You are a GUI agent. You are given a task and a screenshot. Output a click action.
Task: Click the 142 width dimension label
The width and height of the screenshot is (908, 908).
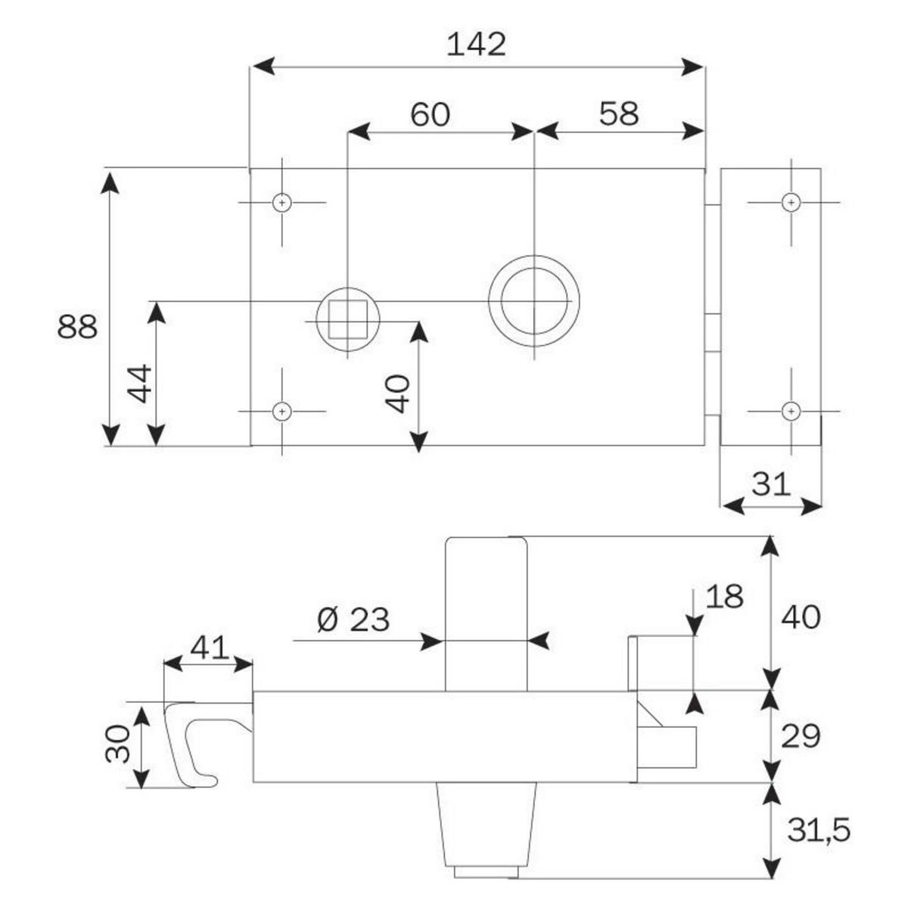coord(476,45)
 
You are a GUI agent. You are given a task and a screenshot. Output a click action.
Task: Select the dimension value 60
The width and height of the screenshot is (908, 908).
coord(430,114)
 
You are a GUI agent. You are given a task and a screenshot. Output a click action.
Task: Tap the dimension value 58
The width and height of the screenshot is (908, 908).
coord(619,114)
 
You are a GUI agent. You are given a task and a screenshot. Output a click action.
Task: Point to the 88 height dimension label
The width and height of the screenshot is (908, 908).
coord(77,328)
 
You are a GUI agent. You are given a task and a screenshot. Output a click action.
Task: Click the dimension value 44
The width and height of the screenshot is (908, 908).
coord(141,384)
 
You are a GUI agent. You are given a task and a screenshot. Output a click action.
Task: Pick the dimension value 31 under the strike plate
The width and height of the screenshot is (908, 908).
coord(772,484)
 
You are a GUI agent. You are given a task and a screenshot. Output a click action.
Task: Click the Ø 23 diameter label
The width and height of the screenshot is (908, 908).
coord(353,620)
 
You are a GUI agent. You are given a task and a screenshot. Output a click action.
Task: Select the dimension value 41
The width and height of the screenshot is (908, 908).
coord(210,648)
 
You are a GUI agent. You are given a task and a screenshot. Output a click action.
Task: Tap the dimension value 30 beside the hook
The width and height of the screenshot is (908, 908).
coord(119,744)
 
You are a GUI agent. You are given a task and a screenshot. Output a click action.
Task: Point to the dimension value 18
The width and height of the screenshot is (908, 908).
coord(724,596)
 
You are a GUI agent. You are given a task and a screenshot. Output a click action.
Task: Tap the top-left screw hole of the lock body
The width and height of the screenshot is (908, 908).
coord(282,203)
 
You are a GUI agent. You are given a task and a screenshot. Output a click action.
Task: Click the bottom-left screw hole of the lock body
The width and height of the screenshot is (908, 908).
coord(282,411)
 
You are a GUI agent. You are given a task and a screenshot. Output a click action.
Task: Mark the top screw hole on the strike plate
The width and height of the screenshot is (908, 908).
coord(791,203)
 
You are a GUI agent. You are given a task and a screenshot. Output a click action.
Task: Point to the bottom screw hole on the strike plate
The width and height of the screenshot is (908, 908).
coord(791,411)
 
